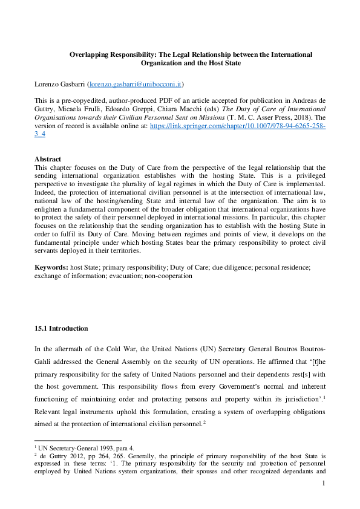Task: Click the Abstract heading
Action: (x=48, y=160)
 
